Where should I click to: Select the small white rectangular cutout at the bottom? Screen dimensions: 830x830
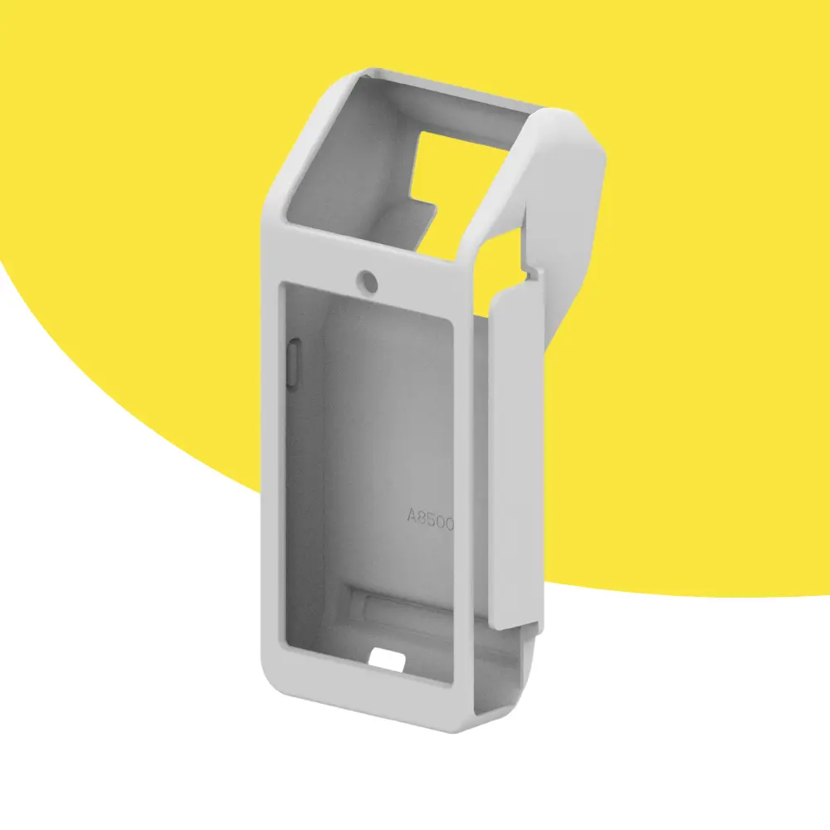387,659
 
